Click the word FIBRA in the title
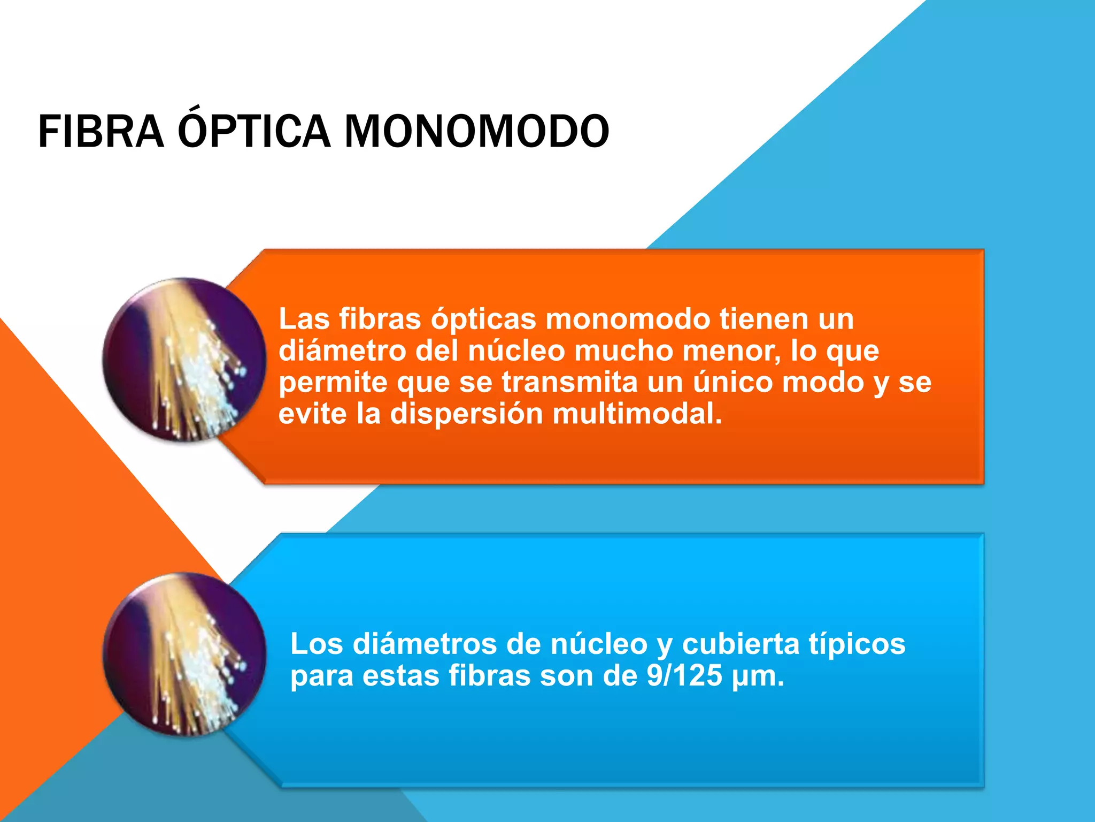[101, 132]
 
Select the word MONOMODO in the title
[476, 132]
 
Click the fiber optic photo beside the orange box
[184, 360]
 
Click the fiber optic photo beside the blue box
[184, 654]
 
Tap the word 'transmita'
[570, 382]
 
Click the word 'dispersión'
[466, 414]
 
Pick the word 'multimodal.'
[637, 414]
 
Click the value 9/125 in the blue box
[684, 675]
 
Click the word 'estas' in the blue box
[402, 675]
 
